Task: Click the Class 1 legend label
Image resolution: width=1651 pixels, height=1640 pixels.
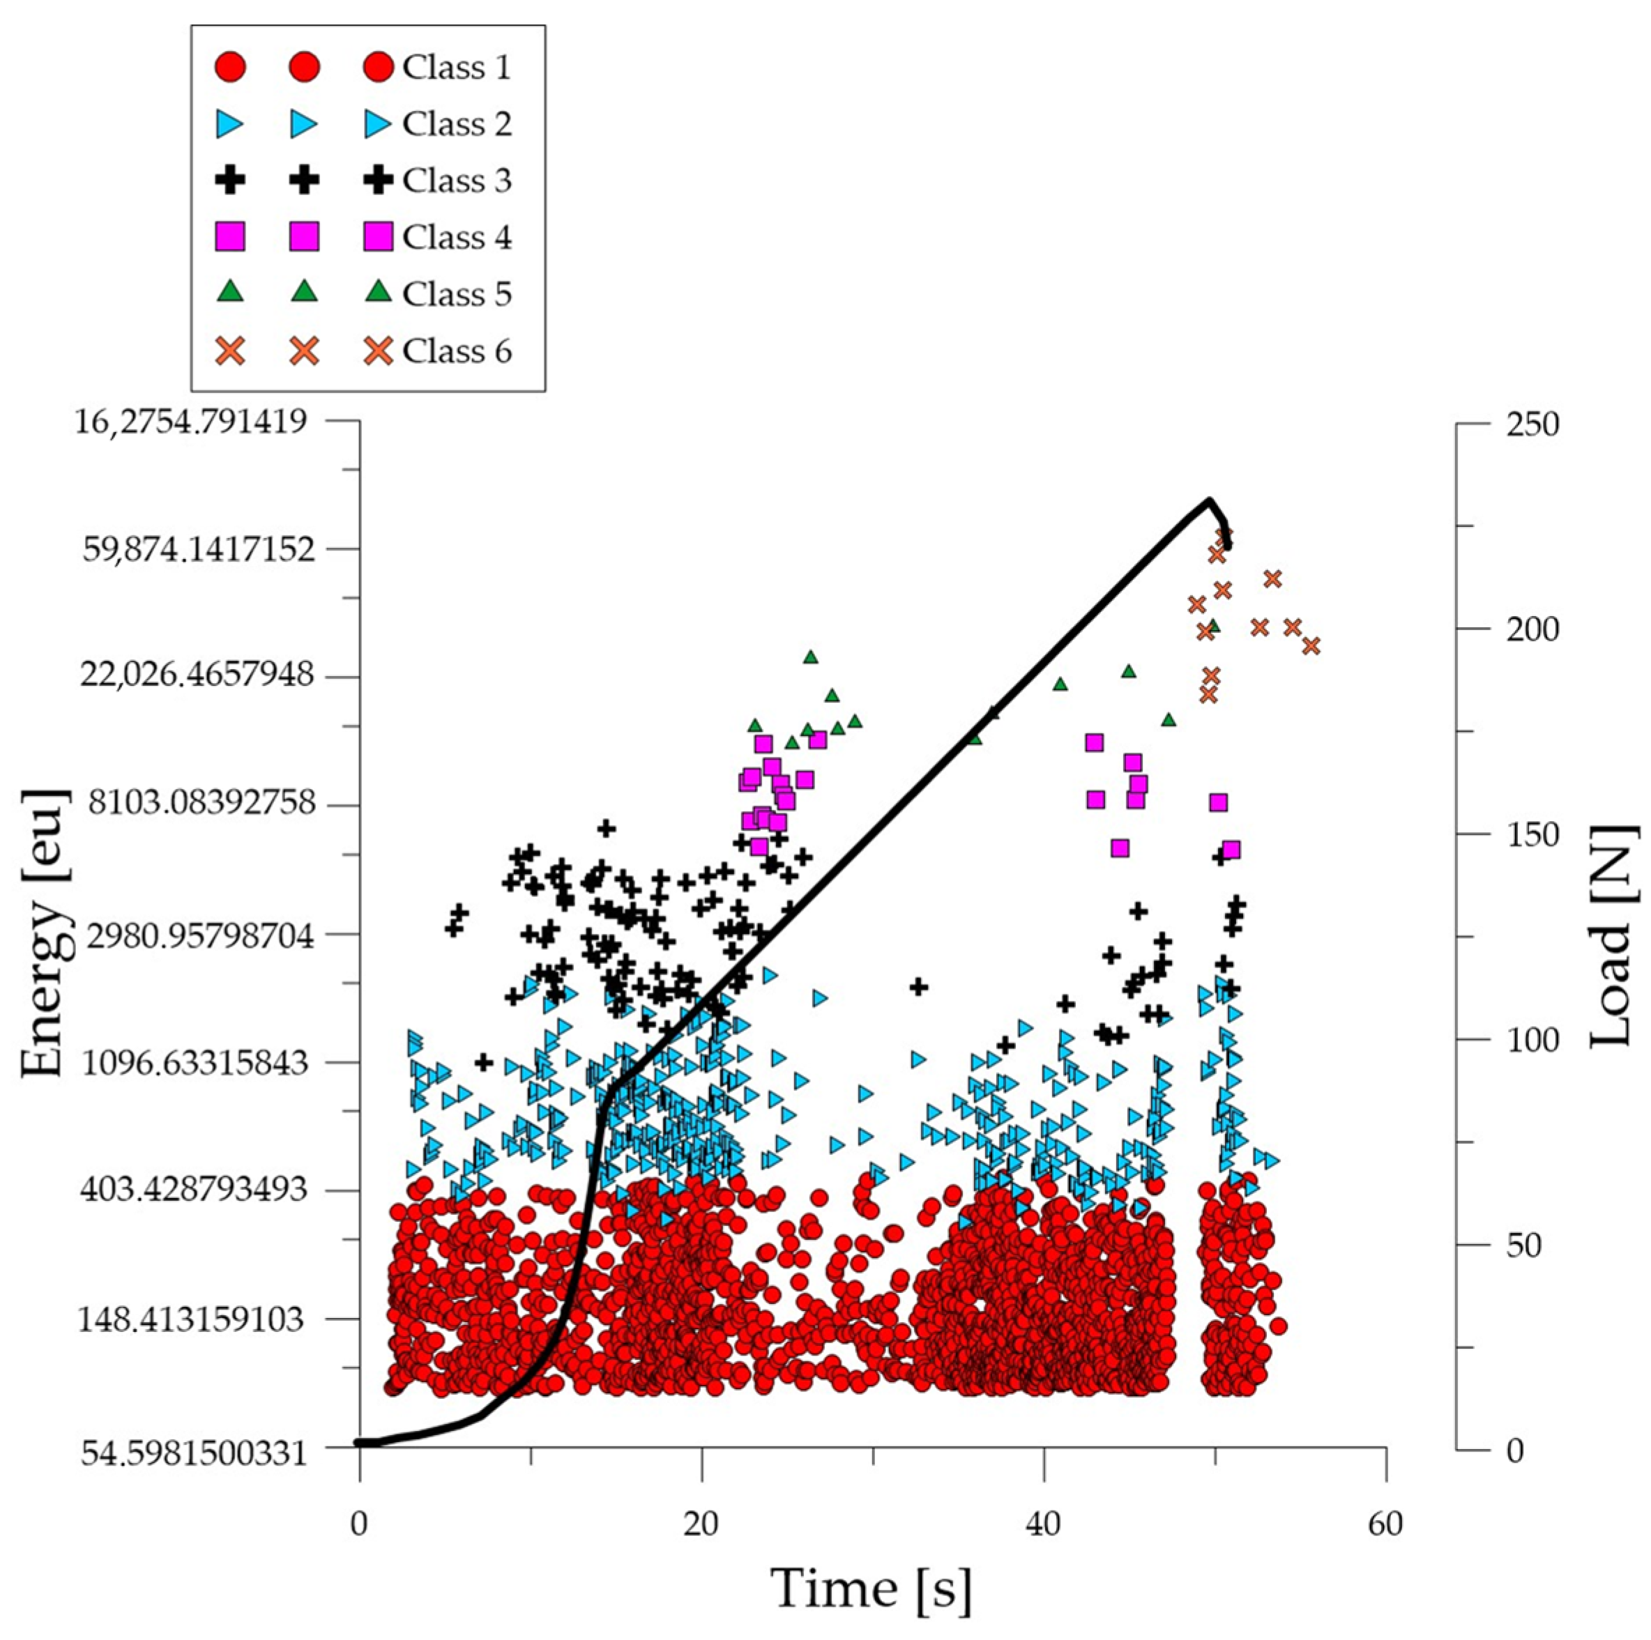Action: click(457, 68)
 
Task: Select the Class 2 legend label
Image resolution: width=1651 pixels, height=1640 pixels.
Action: click(457, 125)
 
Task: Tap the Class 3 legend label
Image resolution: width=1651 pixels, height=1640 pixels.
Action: click(457, 181)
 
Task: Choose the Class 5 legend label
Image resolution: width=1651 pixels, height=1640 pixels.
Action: click(457, 295)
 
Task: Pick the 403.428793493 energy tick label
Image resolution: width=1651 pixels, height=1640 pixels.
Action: click(192, 1189)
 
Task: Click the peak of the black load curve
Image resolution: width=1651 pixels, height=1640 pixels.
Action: click(1208, 500)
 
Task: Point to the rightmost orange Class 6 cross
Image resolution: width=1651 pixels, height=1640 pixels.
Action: click(1311, 645)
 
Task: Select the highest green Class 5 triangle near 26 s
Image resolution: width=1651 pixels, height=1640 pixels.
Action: click(811, 657)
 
